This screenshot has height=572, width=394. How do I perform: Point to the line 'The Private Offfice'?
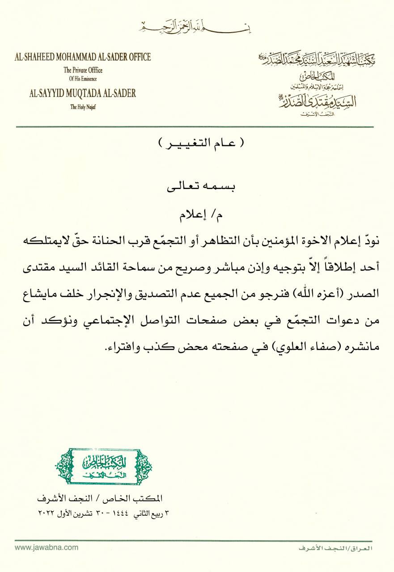click(x=83, y=70)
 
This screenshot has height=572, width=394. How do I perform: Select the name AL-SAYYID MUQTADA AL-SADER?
click(x=83, y=93)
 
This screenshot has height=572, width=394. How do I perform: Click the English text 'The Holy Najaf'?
click(x=83, y=107)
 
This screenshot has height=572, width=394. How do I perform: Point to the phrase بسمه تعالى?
click(x=197, y=186)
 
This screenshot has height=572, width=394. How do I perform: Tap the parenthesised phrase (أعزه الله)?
click(x=318, y=294)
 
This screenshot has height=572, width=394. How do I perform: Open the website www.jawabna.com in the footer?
click(x=41, y=547)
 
